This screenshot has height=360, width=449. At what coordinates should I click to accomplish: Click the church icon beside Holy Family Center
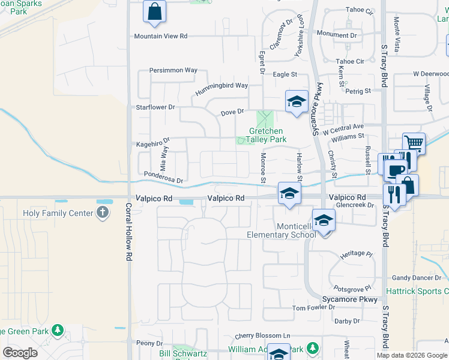103,212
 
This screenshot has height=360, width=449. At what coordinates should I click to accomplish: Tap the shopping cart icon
414,143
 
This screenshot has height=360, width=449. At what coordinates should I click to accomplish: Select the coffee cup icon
395,170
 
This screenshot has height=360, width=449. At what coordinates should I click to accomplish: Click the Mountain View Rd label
161,36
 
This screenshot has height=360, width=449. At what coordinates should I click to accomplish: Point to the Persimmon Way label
173,70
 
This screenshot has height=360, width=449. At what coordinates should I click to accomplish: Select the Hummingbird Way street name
221,86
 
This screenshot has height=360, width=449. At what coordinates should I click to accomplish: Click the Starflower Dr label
155,107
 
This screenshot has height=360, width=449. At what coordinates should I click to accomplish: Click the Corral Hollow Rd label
128,231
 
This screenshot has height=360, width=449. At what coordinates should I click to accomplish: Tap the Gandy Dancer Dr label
420,278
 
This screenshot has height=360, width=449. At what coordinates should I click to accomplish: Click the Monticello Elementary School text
282,230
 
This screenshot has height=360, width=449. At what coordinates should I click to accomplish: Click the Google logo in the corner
20,353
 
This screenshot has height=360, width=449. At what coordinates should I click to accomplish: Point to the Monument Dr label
336,34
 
